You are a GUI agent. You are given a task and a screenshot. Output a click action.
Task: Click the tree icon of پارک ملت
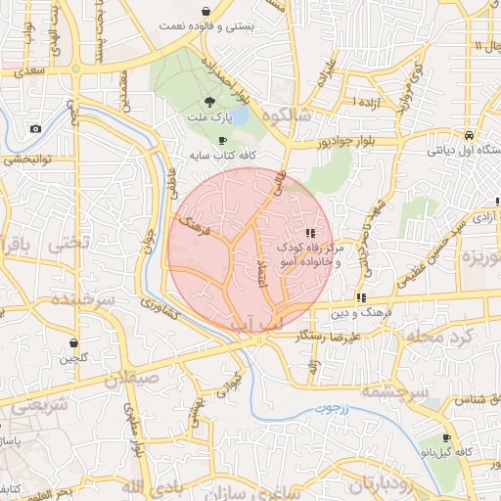(207, 102)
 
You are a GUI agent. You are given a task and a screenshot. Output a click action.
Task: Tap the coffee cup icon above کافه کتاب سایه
(223, 140)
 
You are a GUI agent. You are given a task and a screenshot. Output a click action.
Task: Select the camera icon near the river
(36, 128)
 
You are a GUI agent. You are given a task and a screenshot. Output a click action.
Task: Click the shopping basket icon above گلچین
(74, 342)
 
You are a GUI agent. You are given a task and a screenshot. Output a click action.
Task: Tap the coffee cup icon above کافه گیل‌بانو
(447, 437)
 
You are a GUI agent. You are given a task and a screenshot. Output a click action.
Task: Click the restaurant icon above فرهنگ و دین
(361, 296)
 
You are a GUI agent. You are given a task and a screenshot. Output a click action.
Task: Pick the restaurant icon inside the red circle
(310, 233)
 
